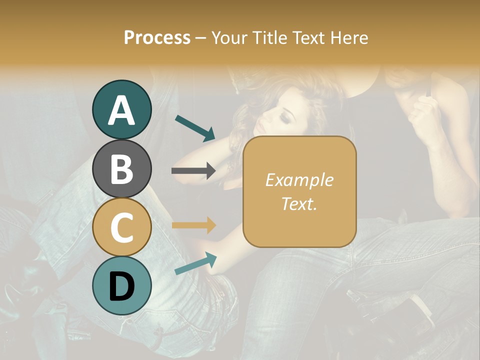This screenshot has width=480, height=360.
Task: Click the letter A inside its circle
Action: (122, 110)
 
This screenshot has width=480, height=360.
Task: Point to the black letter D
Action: (122, 286)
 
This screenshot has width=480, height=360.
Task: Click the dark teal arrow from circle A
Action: (194, 127)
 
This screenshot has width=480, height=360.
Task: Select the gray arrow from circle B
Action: (193, 171)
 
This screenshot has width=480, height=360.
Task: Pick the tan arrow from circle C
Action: (193, 225)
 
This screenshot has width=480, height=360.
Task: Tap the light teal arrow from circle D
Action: (195, 263)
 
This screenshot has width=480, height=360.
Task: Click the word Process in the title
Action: (157, 38)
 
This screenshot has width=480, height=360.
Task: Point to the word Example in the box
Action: (299, 180)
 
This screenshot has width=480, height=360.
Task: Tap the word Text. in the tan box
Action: (299, 203)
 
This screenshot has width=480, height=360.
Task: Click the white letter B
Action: (122, 169)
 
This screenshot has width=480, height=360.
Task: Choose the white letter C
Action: (122, 228)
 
